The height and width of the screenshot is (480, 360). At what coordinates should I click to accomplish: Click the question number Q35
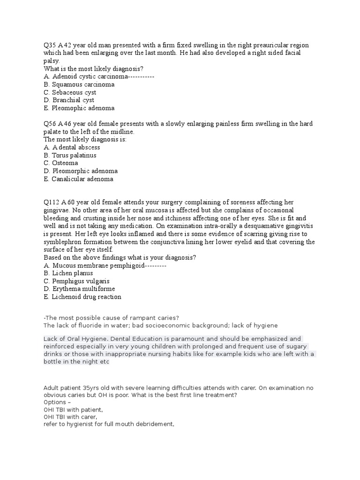pos(50,45)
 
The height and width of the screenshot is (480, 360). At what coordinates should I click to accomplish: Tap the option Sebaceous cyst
pos(74,92)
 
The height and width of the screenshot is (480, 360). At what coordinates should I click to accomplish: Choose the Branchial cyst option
pos(73,100)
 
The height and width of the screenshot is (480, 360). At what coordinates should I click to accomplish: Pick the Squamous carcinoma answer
pos(83,84)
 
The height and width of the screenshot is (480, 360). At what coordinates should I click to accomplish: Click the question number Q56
pos(50,124)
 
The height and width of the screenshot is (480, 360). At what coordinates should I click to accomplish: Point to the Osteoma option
pos(65,163)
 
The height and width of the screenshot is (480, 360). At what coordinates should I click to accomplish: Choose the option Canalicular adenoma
pos(82,179)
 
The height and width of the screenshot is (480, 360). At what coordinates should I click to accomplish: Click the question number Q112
pos(51,202)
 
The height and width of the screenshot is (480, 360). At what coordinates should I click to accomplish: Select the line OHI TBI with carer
pos(70,417)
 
